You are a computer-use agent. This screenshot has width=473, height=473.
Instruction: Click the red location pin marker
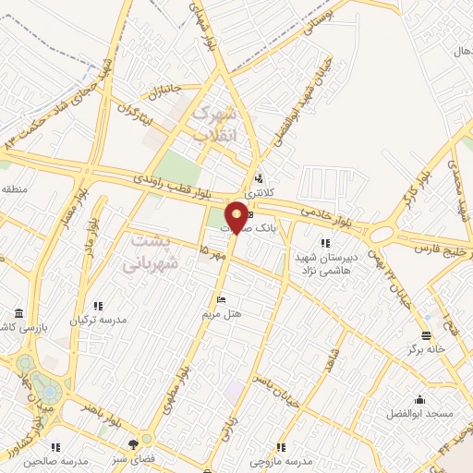[237, 216]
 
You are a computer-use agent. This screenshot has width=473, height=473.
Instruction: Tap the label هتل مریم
[223, 314]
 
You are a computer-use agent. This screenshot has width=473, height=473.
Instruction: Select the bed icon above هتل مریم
[221, 300]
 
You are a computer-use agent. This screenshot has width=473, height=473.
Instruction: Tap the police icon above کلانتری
[260, 178]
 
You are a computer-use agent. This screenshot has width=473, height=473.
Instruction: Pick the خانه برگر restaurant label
[425, 349]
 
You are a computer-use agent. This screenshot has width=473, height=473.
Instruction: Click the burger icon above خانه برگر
[426, 335]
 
